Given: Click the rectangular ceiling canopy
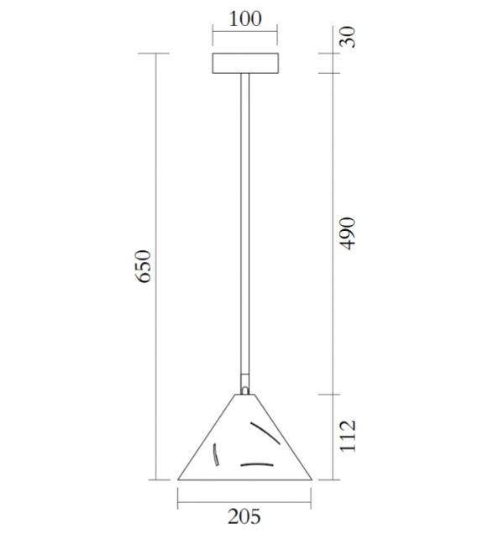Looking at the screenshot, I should pos(244,64).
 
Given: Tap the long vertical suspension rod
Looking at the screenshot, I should pos(244,227).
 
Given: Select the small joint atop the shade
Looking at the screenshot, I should pos(244,387).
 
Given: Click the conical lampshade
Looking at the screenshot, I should pos(244,445).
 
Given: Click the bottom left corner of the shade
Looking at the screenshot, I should pos(179,479).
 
